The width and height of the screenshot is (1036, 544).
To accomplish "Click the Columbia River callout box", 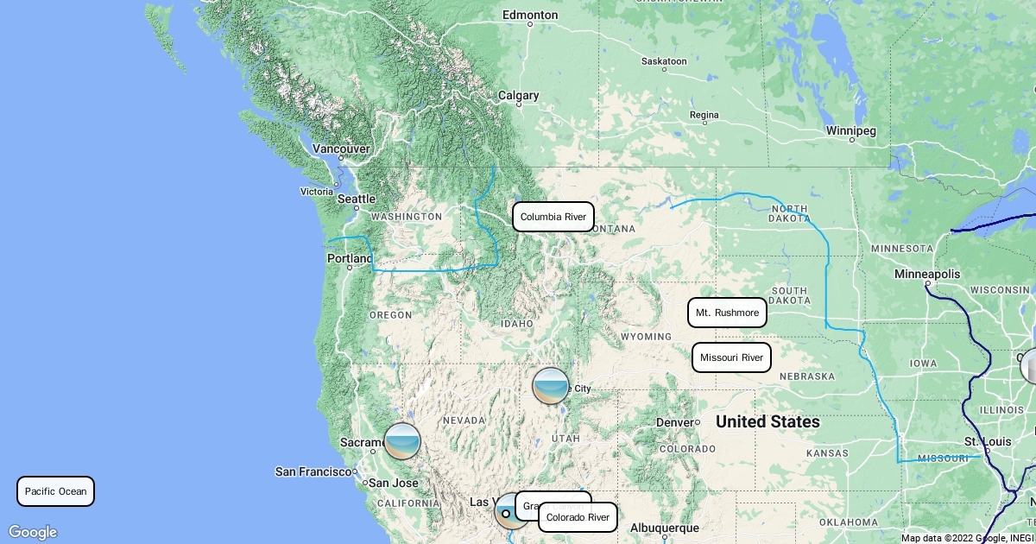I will pos(553,217).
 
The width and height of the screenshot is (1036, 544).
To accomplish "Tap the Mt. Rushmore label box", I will pos(727,313).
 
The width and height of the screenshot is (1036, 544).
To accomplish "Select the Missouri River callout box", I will pos(731,357).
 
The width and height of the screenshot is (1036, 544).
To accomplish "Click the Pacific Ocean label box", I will pos(56,491).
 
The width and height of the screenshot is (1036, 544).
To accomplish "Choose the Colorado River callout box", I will pos(578,517).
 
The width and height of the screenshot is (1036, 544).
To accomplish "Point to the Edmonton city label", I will pos(530,15).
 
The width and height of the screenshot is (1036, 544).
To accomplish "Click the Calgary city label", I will pos(518,96).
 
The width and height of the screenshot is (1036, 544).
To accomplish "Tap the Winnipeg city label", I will pos(851,131).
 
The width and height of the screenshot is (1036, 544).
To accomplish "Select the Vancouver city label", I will pos(341,149).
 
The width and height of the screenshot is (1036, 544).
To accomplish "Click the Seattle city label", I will pos(357,199).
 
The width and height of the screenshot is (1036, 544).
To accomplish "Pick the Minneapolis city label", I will pos(927,274).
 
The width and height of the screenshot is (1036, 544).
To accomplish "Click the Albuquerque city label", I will pos(665,527).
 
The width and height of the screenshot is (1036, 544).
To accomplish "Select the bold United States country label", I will pos(768,422).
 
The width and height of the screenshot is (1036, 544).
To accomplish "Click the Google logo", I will pos(32,532).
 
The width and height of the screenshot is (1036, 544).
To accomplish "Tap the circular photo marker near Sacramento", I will pos(402,441).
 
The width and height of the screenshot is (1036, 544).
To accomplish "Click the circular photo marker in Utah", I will pos(551,385).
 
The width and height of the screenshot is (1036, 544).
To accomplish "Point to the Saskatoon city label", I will pos(664,61).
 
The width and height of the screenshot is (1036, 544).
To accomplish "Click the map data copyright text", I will pos(967,538).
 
